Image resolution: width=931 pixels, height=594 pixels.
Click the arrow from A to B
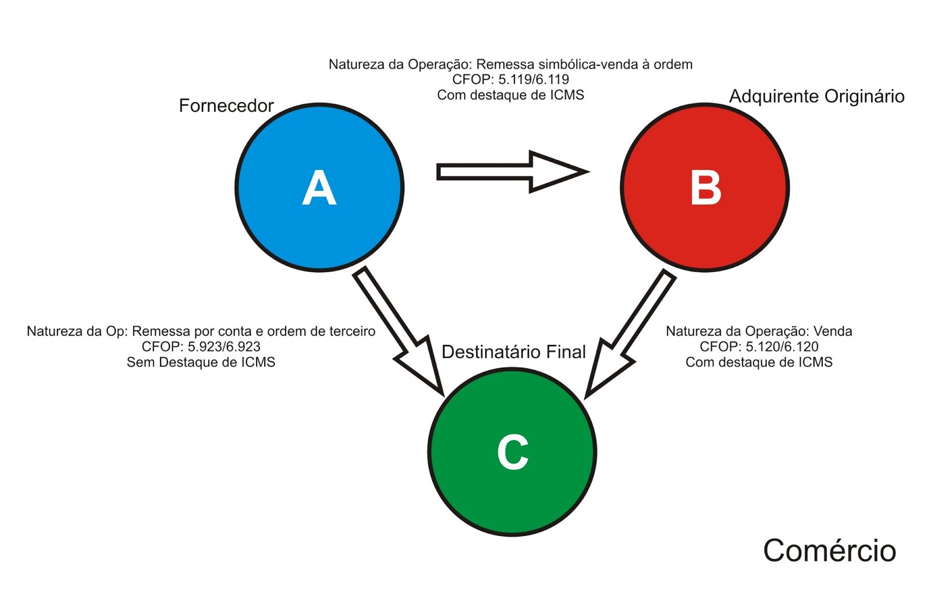click(512, 172)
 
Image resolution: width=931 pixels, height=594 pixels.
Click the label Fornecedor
click(226, 105)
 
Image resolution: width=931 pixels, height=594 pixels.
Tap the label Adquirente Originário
click(816, 96)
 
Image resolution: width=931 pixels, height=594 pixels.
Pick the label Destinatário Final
click(513, 351)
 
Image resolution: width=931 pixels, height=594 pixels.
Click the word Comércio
click(829, 550)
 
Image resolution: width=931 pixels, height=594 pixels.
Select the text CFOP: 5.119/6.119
click(510, 79)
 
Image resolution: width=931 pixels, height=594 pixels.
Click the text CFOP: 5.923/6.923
click(201, 347)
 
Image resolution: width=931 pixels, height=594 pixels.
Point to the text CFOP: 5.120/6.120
click(759, 347)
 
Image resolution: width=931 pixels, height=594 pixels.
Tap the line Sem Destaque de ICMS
click(201, 362)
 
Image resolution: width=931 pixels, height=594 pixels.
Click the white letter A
click(319, 188)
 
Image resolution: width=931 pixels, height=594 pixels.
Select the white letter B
click(705, 188)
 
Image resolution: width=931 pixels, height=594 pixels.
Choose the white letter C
click(513, 452)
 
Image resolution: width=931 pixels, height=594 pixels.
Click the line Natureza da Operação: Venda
click(759, 331)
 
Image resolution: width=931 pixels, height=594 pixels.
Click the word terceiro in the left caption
click(352, 331)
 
